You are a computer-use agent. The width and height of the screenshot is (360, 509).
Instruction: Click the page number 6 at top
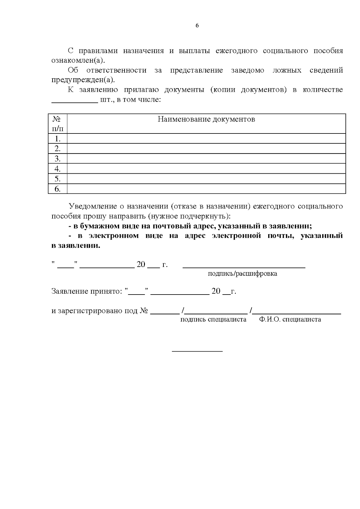tap(197, 26)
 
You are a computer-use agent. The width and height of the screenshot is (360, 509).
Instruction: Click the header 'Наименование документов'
tap(206, 119)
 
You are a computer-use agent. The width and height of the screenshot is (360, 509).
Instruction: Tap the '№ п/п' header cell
tap(58, 124)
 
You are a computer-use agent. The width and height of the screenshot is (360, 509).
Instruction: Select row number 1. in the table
tap(58, 139)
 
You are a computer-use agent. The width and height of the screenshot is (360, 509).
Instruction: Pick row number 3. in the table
tap(58, 159)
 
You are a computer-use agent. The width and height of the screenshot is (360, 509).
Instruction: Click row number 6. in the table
tap(58, 189)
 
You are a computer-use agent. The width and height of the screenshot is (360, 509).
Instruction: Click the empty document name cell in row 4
tap(206, 169)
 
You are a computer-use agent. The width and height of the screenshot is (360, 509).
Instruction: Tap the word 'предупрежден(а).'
tap(83, 80)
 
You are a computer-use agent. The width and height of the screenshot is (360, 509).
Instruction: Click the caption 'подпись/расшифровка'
tap(242, 274)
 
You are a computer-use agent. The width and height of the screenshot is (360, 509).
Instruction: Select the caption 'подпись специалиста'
tap(213, 319)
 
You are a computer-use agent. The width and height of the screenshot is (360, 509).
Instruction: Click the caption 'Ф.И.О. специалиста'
tap(290, 319)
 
